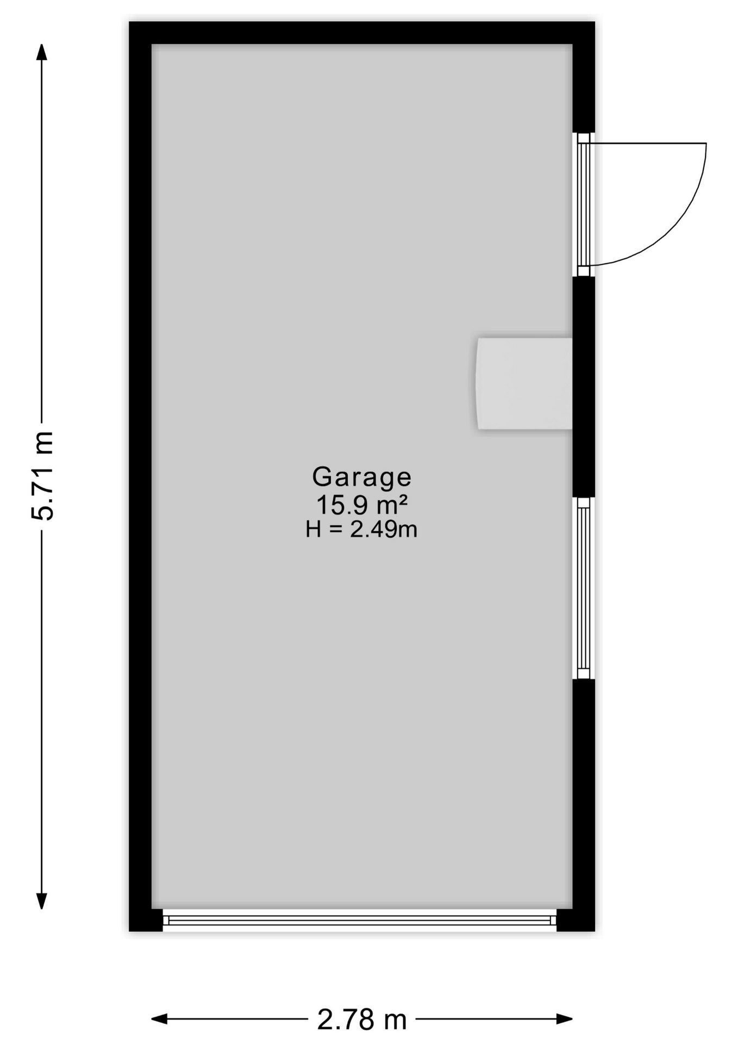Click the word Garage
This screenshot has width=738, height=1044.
point(361,477)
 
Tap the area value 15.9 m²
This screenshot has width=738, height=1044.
point(361,505)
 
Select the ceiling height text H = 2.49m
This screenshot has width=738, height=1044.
point(361,529)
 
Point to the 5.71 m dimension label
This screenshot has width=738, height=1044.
point(42,476)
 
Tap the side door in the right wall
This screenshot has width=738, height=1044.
point(583,204)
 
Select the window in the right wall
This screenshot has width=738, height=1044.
point(583,588)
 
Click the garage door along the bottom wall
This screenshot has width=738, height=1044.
point(360,920)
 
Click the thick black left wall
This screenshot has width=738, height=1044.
point(140,476)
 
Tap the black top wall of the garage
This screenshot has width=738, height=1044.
point(362,33)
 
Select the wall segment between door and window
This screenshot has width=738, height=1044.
point(584,387)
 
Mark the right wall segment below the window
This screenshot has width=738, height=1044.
point(584,794)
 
